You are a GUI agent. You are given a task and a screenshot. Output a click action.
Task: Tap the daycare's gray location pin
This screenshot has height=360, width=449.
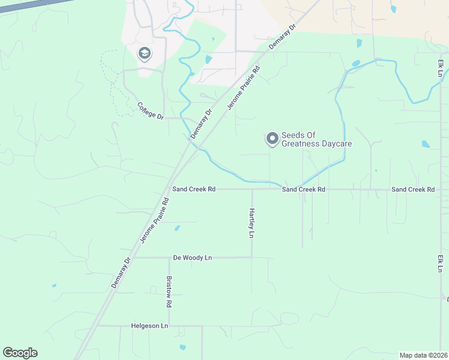coord(272,139)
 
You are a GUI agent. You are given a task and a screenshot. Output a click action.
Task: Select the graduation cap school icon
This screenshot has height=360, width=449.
coord(144,54)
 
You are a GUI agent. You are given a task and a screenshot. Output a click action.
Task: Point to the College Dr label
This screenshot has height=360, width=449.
coord(150,111)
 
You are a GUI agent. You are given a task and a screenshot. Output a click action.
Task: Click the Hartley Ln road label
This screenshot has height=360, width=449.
coord(252,223)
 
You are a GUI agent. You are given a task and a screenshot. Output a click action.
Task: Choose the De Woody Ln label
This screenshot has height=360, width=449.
coord(193,257)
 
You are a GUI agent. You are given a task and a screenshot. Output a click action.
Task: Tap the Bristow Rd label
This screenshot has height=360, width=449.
coord(169,292)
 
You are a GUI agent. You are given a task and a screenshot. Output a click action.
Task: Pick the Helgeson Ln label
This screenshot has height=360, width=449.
coord(149,326)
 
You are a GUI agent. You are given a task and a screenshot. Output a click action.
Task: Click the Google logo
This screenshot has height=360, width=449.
coord(20,353)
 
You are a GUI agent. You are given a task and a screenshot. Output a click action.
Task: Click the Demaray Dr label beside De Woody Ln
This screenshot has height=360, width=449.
coord(121,273)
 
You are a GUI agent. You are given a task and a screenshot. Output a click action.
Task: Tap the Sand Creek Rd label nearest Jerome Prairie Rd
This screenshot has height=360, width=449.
coord(193,189)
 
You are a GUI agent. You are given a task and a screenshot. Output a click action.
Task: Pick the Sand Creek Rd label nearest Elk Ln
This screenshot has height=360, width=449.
coord(413,189)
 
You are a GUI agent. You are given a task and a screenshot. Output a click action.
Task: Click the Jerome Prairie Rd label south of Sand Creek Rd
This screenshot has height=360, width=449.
coord(154,220)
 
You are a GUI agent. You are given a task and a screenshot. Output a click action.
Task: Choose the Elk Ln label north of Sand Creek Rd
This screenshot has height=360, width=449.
coord(441,67)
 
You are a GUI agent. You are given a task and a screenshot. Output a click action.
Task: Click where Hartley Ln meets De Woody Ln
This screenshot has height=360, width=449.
coord(252,257)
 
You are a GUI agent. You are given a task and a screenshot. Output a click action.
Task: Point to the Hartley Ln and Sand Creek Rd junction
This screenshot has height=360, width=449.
coord(252,189)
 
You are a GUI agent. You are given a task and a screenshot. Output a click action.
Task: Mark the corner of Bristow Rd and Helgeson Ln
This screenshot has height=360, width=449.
coord(169,326)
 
